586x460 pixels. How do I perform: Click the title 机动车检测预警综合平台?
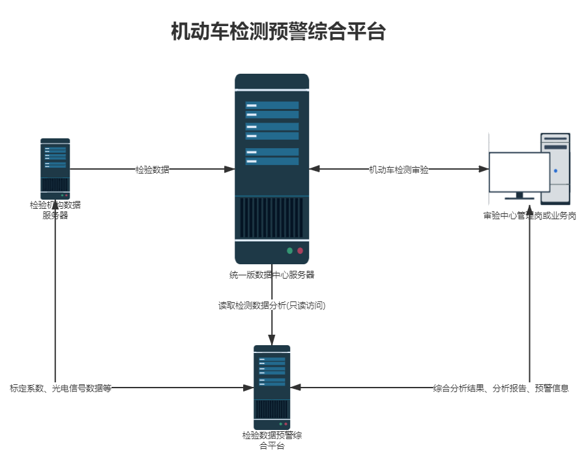point(278,31)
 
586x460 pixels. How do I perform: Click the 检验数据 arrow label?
point(153,170)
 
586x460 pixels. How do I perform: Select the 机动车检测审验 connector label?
point(399,170)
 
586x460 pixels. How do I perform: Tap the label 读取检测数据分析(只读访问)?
point(272,305)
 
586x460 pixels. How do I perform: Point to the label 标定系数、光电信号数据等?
point(61,388)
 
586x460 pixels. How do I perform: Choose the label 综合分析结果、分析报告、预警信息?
point(501,388)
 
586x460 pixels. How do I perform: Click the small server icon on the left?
point(55,168)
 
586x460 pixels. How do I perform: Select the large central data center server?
point(272,168)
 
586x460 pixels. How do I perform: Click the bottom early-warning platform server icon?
point(272,386)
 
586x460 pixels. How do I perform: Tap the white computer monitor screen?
point(520,172)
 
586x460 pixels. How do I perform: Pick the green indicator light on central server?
point(289,251)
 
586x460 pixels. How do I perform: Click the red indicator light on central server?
point(300,251)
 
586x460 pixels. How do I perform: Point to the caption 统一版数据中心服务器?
point(272,275)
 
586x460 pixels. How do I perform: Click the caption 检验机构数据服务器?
point(55,210)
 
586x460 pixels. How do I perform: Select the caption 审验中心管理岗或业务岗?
point(529,216)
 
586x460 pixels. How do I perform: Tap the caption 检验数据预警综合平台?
point(272,440)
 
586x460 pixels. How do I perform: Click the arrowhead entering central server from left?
point(229,170)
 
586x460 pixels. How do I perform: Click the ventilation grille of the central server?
point(272,218)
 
